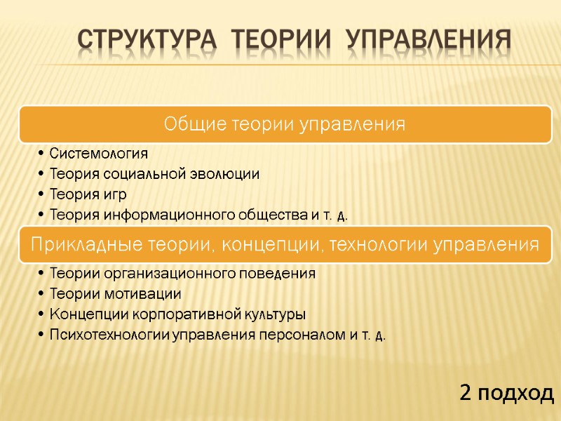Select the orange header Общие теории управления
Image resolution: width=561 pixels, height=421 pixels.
coord(284,124)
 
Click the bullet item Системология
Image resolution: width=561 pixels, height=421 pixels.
coord(98,154)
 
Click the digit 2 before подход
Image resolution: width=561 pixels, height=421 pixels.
coord(465,393)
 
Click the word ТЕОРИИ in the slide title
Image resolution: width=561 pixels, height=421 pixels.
coord(267,41)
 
